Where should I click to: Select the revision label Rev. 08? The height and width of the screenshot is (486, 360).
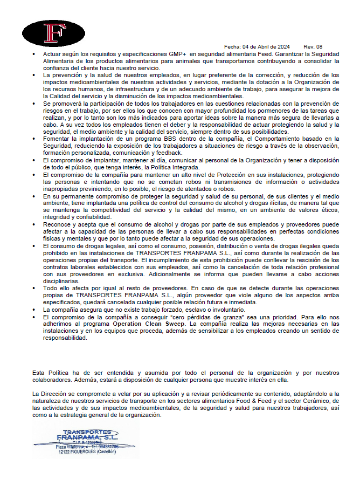313,47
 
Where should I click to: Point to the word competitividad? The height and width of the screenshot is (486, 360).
95,209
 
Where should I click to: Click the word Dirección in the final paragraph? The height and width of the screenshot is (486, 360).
56,394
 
